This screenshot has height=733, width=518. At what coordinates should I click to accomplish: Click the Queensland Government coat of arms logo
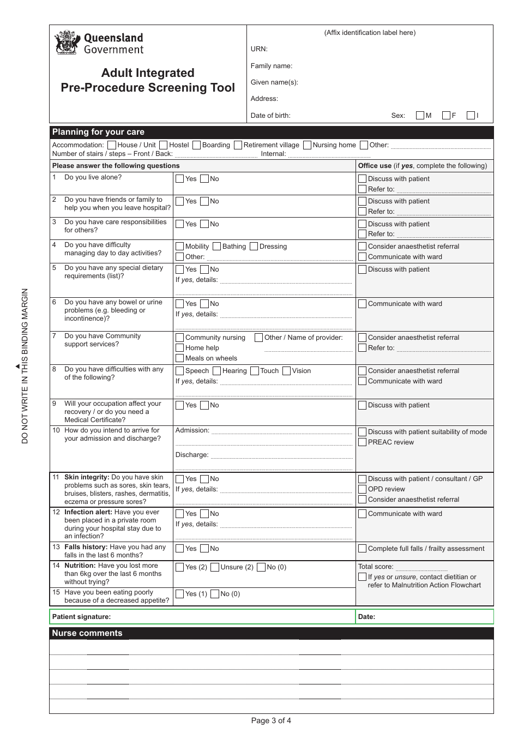68,43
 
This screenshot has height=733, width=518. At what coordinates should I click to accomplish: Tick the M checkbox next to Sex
420,115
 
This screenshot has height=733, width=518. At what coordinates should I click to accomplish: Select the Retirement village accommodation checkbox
238,145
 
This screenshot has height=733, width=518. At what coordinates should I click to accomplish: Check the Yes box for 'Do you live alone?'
180,179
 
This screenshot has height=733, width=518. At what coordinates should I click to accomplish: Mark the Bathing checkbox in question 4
216,247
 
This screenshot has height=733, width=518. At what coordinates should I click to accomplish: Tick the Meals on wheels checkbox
180,358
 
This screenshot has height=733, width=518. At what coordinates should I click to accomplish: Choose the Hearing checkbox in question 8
216,371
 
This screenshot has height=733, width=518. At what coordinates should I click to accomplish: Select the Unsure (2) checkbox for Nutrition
215,567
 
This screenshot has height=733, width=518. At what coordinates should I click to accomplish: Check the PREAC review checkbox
362,442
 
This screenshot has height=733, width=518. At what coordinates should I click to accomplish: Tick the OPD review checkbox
362,489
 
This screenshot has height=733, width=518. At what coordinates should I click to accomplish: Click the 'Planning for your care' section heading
98,132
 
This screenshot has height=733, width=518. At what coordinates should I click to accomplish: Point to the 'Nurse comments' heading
87,633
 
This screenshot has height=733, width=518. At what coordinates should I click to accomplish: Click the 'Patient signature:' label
81,617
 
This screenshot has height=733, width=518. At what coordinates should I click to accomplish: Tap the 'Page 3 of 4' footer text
271,720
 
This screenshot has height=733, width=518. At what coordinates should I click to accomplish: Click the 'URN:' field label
259,49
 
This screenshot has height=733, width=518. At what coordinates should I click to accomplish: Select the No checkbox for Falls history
204,549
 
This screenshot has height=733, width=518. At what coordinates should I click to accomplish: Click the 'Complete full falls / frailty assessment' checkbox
362,549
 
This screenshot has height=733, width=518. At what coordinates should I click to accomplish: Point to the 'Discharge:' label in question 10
192,455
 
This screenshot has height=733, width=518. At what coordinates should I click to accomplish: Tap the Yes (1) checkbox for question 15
180,594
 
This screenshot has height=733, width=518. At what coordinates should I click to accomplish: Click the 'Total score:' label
376,567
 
